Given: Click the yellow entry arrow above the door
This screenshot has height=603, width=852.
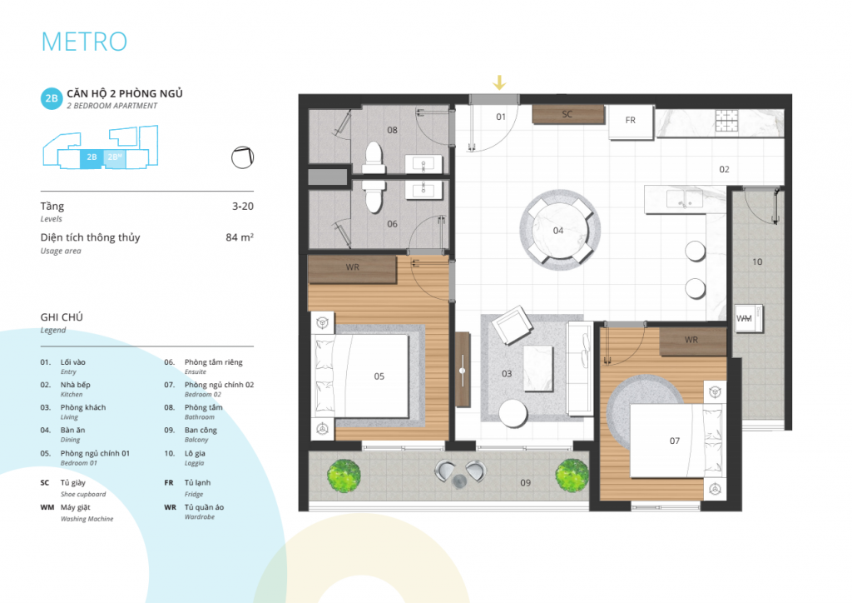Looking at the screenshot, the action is (x=499, y=82).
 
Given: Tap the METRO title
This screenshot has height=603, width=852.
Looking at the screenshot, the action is (x=84, y=42).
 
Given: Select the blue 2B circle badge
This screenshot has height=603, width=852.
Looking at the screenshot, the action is (x=52, y=98).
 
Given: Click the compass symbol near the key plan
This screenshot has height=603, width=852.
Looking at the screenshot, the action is (x=242, y=157).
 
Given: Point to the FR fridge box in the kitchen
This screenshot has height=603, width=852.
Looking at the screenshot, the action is (x=631, y=122).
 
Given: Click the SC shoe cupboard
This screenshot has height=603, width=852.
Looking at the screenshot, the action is (x=567, y=114).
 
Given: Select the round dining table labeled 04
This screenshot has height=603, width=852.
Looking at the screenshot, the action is (x=559, y=230).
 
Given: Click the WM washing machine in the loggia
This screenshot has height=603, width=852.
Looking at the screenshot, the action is (x=749, y=318).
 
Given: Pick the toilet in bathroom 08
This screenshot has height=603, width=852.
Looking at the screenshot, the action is (x=374, y=157).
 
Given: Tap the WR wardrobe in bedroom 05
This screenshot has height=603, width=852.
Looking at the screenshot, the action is (x=352, y=269).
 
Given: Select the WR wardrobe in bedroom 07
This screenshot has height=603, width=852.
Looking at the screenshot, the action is (x=692, y=341).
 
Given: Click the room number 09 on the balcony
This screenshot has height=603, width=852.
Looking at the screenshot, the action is (x=526, y=483).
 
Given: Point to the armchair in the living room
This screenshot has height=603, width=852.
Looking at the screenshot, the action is (x=512, y=325).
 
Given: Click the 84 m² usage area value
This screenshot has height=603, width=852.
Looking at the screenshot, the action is (x=240, y=237).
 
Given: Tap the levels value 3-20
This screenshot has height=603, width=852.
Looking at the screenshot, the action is (x=243, y=206).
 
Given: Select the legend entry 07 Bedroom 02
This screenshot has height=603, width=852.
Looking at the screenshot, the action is (x=209, y=389).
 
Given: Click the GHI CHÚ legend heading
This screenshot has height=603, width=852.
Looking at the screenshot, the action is (x=62, y=317).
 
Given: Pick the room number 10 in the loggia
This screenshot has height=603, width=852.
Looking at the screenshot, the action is (x=757, y=262).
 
